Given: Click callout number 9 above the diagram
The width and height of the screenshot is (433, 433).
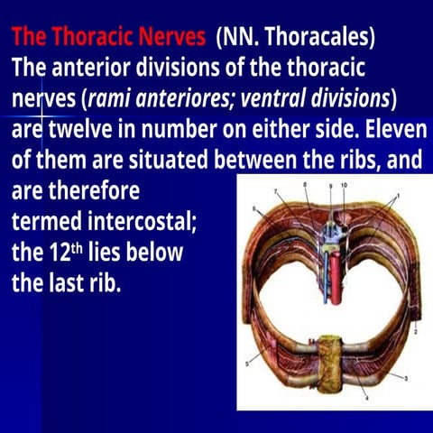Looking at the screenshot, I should pos(331,185).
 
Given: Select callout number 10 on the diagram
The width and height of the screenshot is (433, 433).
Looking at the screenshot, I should pos(345,185).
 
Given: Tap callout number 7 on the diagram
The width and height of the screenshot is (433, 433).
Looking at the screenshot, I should pos(278,191).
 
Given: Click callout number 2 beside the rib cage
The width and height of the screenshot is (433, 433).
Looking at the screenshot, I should pos(416,333).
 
